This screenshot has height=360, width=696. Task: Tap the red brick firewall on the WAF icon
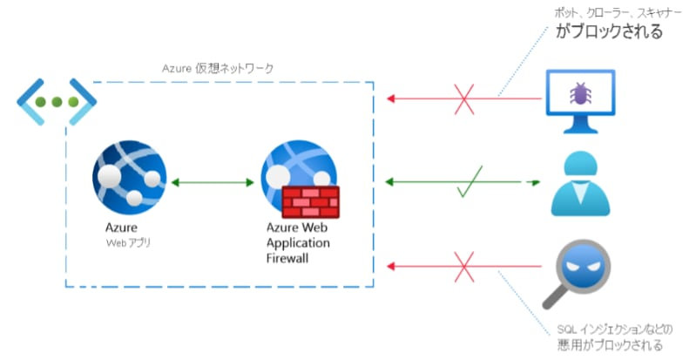click(x=311, y=201)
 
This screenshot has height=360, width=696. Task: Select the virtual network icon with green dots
click(x=57, y=101)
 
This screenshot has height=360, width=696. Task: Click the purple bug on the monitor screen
click(x=579, y=93)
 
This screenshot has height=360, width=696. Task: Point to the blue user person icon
click(x=580, y=184)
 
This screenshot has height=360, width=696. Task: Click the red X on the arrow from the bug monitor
click(x=465, y=98)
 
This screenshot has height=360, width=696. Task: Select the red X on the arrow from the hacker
click(x=465, y=266)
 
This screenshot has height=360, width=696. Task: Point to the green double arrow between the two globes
click(x=212, y=183)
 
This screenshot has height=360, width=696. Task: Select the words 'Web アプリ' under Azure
click(x=128, y=242)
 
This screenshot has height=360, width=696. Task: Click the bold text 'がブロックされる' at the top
click(x=610, y=32)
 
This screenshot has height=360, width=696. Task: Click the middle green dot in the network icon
click(x=57, y=102)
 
